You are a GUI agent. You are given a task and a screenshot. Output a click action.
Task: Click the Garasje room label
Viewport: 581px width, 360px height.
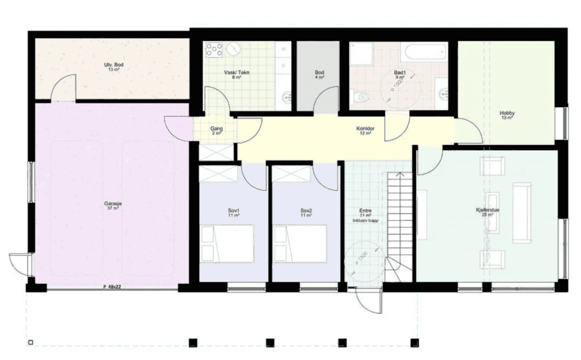coord(112,205)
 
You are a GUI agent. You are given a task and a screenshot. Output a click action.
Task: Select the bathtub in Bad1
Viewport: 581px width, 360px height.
coord(424,53)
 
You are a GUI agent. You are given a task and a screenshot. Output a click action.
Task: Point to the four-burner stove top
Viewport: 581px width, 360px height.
coord(214,49)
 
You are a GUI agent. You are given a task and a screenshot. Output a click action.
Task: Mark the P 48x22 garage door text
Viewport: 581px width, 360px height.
coord(112,287)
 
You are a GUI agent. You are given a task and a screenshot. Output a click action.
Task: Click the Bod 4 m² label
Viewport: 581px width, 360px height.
coord(319,74)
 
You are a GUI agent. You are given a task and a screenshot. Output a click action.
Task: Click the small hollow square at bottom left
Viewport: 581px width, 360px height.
coord(31,342)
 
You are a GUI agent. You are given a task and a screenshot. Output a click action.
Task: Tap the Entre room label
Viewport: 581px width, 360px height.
coord(366,213)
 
